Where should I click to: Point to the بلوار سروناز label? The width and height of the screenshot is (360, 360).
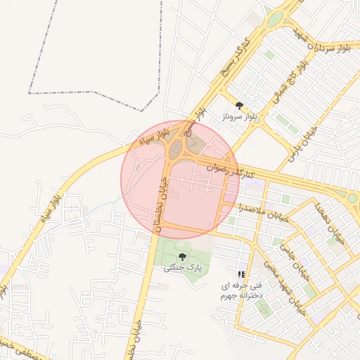pyautogui.click(x=240, y=117)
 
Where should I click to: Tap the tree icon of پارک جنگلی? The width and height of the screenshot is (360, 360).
pyautogui.click(x=182, y=257)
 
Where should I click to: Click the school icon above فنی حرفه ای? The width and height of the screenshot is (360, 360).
pyautogui.click(x=241, y=274)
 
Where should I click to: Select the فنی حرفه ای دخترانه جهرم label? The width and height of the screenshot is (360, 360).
pyautogui.click(x=241, y=290)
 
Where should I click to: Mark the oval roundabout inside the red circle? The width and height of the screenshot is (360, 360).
pyautogui.click(x=175, y=148)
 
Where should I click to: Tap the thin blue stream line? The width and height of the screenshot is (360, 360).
pyautogui.click(x=105, y=205)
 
